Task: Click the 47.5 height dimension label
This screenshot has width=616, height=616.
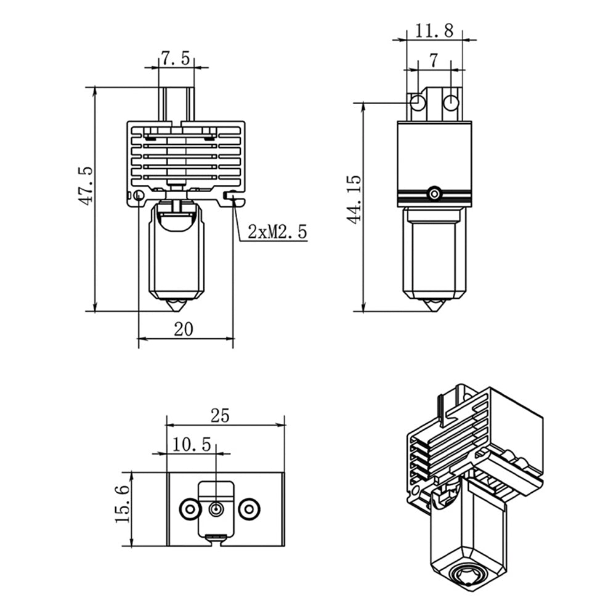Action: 85,185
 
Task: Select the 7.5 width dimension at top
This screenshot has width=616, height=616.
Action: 176,59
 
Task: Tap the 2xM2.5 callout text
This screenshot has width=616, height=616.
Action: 277,232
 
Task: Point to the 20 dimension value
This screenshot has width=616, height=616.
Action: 183,329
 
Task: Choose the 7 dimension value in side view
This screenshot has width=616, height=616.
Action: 433,60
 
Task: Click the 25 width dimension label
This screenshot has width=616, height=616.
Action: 219,416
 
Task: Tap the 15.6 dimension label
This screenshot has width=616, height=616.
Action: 123,504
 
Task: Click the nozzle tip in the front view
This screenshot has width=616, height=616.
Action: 178,306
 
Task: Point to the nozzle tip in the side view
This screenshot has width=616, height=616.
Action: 435,306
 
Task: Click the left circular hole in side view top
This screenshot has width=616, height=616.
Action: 418,102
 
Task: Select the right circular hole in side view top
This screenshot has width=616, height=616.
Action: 452,102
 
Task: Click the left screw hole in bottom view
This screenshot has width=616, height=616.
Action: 188,509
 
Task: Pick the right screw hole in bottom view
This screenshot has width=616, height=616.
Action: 249,509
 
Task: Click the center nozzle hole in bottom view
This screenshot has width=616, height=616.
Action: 216,509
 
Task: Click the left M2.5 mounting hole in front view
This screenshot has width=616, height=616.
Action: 139,196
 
